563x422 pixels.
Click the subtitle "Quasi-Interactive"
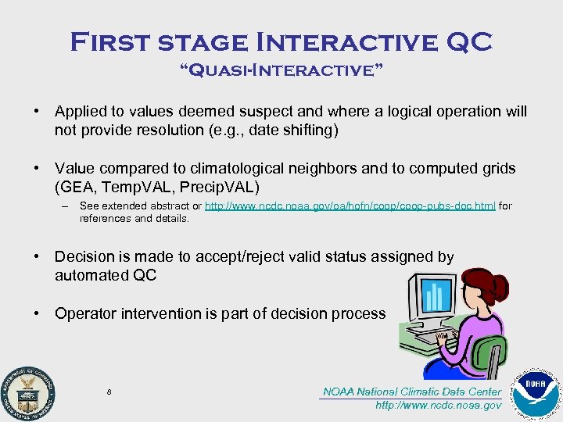tap(281, 73)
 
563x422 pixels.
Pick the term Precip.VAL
tap(226, 188)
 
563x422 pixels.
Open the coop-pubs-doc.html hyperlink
tap(350, 206)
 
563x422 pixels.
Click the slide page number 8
tap(109, 392)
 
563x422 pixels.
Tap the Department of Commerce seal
tap(27, 390)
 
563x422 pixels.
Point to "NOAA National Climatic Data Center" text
tap(412, 392)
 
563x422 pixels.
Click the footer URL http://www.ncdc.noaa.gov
tap(438, 406)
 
